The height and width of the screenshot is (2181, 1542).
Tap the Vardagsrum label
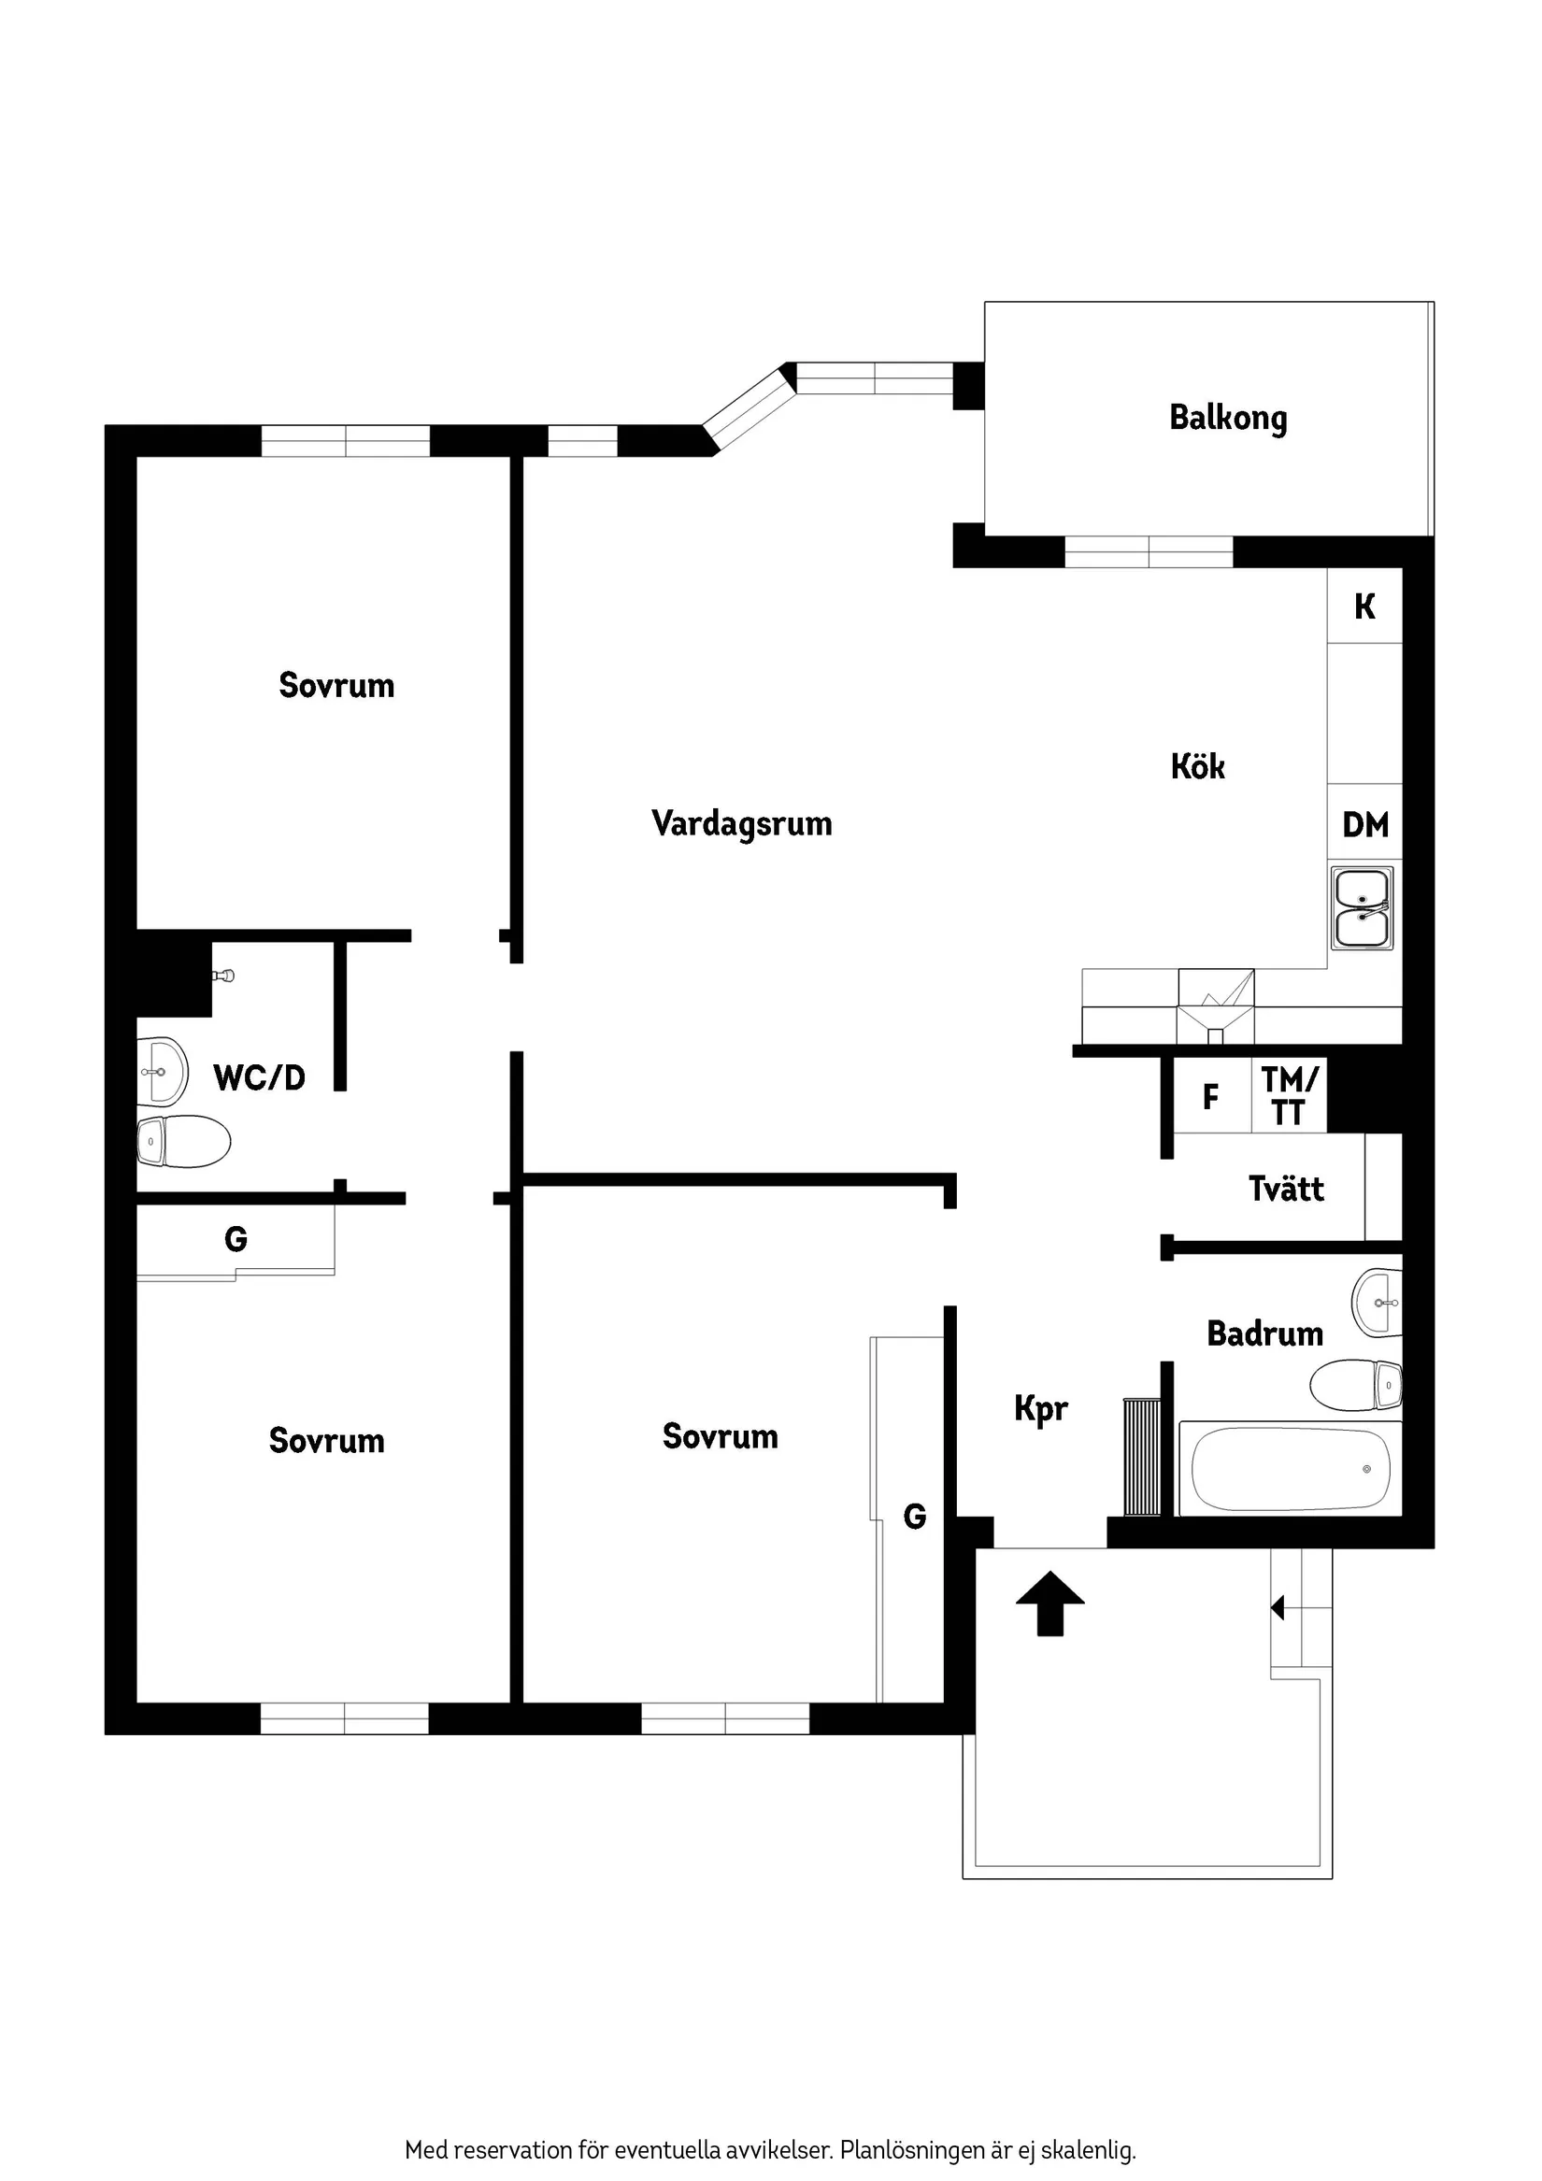[x=741, y=823]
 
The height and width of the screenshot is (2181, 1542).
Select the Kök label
[x=1197, y=766]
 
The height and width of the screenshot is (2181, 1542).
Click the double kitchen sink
[x=1363, y=908]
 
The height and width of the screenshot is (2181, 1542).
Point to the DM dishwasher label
[x=1365, y=824]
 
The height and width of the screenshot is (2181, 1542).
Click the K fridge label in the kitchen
[x=1364, y=606]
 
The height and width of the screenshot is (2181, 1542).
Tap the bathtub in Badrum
[x=1290, y=1469]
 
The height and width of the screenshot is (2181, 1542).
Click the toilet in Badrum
[x=1356, y=1386]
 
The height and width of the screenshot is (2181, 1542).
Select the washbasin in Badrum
[x=1377, y=1302]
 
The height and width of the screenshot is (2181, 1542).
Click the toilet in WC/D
[x=184, y=1141]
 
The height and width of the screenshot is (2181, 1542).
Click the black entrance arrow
[x=1049, y=1604]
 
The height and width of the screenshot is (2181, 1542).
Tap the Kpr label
[x=1040, y=1408]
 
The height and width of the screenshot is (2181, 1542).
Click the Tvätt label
[x=1286, y=1189]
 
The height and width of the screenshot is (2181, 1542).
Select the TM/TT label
[x=1290, y=1095]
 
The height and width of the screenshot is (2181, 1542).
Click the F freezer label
[x=1210, y=1097]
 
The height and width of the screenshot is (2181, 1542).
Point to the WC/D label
[x=260, y=1077]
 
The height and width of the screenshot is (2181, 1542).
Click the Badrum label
[x=1264, y=1333]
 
